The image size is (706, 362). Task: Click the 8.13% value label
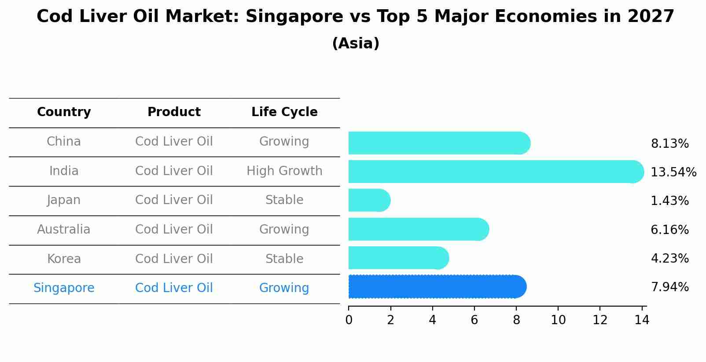[669, 144]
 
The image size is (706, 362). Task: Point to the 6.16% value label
[669, 230]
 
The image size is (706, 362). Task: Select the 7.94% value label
[669, 287]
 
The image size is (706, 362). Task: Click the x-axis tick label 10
[558, 320]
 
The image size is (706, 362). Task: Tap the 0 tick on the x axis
[349, 320]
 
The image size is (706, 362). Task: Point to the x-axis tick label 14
[642, 320]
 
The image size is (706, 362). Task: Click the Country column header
[64, 112]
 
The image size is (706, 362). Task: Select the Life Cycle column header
[284, 112]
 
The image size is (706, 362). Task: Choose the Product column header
[174, 112]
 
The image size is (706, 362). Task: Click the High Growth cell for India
[284, 171]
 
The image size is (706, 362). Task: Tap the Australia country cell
[64, 230]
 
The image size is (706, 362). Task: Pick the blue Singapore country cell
[64, 288]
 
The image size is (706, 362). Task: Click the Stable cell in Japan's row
[284, 200]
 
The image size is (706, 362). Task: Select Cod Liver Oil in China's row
[174, 142]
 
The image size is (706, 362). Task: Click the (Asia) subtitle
[356, 44]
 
